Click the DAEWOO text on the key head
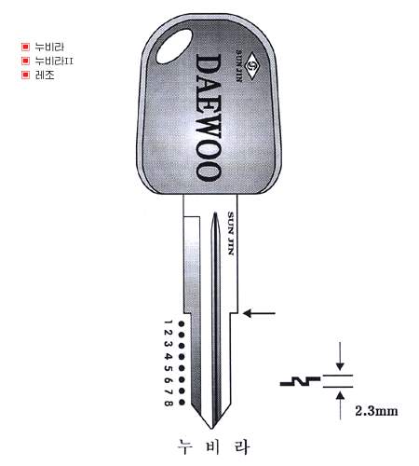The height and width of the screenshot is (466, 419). pos(209,117)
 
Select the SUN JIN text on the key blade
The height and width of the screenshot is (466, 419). pos(231,233)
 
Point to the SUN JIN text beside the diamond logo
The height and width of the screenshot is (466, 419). pos(239,65)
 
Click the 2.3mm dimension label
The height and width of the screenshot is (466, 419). pos(376,411)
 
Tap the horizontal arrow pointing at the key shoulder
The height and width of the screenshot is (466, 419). pos(259,313)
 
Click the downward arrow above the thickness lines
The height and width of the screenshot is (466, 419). pos(340,356)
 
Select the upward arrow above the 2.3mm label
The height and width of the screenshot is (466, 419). pos(341,405)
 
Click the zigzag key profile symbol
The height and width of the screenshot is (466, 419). pos(300,382)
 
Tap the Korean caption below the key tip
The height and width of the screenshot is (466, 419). pos(213,447)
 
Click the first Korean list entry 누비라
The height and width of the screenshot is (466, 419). pos(49,47)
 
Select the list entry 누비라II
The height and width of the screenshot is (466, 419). pos(54,61)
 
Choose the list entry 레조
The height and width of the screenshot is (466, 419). pos(45,75)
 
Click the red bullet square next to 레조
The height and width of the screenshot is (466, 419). pos(25,75)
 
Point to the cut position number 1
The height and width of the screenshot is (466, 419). pos(168,323)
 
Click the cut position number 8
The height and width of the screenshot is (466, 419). pos(168,404)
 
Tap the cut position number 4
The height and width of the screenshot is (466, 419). pos(168,357)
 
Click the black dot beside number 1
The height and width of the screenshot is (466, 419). pos(182,324)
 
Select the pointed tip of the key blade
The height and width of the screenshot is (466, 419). pos(212,429)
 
